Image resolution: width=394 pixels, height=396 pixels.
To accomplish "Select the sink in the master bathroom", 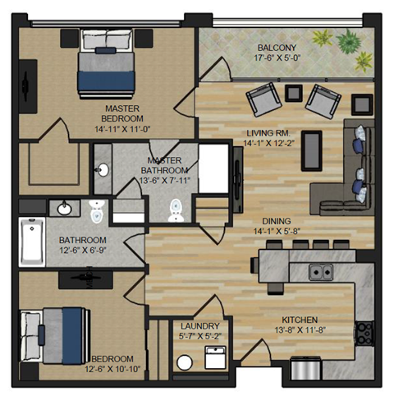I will point(103,171).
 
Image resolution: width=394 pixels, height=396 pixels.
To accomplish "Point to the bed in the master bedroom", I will point(103,70).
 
